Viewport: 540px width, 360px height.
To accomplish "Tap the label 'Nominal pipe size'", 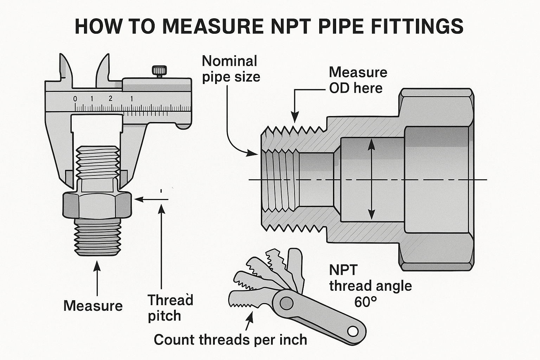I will coord(231,69).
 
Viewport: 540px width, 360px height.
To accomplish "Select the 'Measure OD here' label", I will coord(358,80).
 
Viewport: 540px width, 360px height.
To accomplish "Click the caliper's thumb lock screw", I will coord(157,70).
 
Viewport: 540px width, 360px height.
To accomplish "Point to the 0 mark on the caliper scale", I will coord(75,99).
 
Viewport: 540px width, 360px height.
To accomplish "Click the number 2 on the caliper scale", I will coord(110,98).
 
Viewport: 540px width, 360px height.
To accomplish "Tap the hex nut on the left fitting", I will coord(97,205).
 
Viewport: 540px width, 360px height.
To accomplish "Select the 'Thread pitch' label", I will coord(170,308).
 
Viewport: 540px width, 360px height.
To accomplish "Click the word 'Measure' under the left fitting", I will coord(93,306).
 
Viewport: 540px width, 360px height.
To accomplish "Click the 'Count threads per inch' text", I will coord(230,340).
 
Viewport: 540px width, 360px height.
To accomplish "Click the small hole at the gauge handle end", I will coord(353,331).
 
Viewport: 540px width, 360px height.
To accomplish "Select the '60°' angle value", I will coord(366,301).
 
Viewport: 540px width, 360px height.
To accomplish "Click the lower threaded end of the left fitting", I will coord(98,237).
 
